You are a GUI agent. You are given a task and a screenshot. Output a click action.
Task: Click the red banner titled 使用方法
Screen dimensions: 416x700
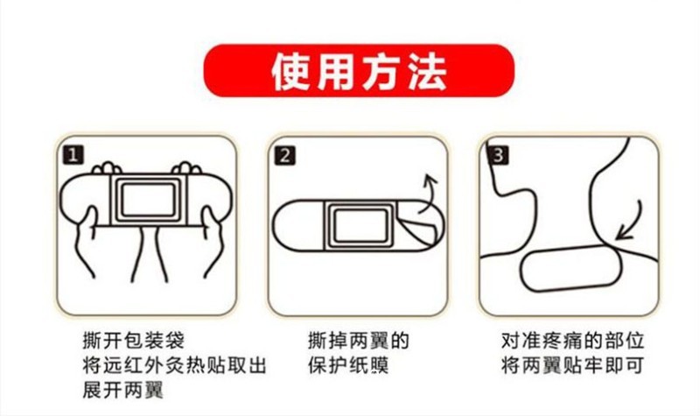click(359, 70)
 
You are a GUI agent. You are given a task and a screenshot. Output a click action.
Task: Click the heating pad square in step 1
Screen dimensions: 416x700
click(148, 200)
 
